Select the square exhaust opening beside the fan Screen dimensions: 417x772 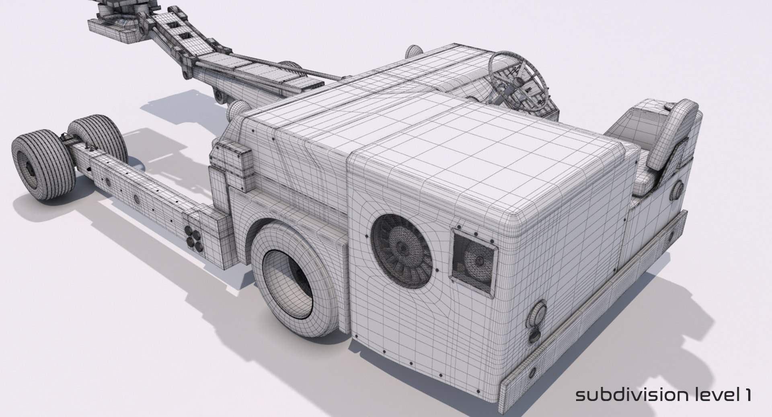click(x=473, y=259)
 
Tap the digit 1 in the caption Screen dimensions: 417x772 click(x=746, y=395)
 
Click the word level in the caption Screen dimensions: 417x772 click(x=714, y=395)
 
